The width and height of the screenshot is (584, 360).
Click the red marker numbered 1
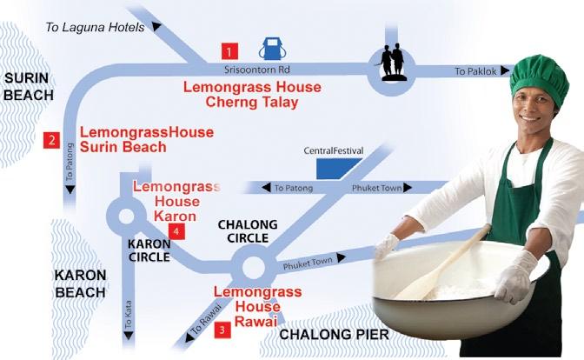(229, 51)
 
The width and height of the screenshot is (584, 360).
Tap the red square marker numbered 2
(51, 140)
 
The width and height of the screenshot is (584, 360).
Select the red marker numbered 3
(222, 330)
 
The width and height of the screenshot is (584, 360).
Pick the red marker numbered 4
(176, 232)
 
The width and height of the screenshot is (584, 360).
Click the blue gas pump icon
(273, 49)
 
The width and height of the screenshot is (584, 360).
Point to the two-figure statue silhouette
(393, 62)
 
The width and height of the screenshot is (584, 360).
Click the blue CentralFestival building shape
(336, 169)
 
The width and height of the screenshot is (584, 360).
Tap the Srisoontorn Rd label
(257, 70)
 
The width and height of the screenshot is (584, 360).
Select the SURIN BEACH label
(29, 87)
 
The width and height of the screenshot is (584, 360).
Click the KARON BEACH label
(80, 284)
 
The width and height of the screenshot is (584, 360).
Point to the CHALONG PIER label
(334, 335)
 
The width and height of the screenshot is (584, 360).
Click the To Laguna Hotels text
(95, 27)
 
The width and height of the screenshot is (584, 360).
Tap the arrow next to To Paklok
(505, 70)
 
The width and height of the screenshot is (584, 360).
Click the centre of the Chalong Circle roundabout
(254, 267)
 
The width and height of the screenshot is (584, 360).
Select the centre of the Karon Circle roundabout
(126, 216)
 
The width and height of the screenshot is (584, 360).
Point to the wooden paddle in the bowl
(442, 262)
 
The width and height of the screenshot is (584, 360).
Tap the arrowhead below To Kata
(129, 336)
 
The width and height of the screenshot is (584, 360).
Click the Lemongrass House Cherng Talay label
(252, 95)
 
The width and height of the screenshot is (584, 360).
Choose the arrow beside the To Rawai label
(190, 337)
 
